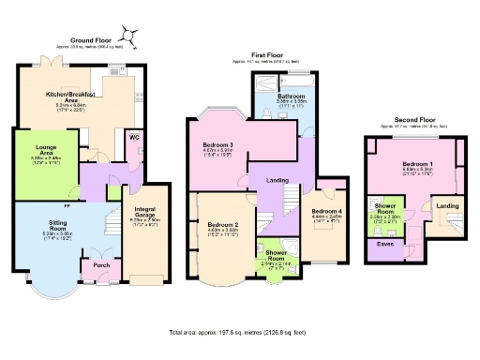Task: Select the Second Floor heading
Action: coord(414,120)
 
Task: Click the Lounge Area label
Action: coord(45,148)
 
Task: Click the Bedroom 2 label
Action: coord(223,225)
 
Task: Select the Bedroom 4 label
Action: coord(326,212)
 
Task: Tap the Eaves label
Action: coord(385,244)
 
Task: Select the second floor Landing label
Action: coord(447,205)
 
